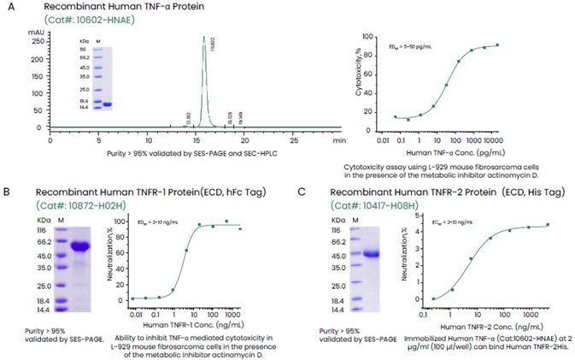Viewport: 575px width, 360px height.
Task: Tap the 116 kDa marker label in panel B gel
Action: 40,230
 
